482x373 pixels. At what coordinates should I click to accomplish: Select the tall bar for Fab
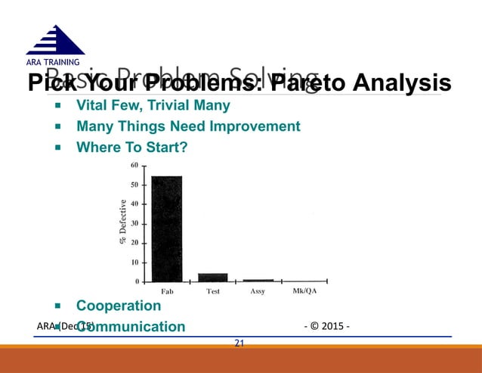click(x=166, y=228)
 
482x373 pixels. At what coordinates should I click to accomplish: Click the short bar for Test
click(x=212, y=277)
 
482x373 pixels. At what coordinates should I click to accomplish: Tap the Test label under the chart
click(x=213, y=291)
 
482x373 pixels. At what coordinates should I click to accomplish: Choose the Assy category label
click(x=257, y=291)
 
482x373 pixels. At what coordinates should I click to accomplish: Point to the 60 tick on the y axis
click(x=134, y=165)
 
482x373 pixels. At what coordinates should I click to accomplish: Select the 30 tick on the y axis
click(x=134, y=223)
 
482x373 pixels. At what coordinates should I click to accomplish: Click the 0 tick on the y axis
click(x=136, y=281)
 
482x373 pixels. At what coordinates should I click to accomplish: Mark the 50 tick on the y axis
click(x=134, y=185)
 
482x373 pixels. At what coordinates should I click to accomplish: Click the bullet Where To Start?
click(x=130, y=147)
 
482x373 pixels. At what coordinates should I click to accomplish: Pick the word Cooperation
click(x=119, y=306)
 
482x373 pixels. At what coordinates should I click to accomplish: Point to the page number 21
click(x=239, y=343)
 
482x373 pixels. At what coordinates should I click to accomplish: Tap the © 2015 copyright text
click(x=326, y=327)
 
